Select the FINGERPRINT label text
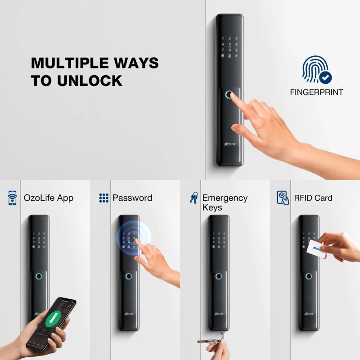(316, 92)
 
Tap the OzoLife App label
(49, 198)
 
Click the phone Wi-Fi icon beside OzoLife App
(12, 198)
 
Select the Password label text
(132, 198)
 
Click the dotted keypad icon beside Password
(104, 198)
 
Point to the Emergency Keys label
(225, 202)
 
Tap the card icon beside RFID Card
(283, 198)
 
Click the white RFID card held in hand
(317, 249)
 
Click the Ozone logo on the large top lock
(229, 144)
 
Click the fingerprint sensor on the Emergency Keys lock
(219, 276)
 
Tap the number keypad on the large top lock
(229, 48)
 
